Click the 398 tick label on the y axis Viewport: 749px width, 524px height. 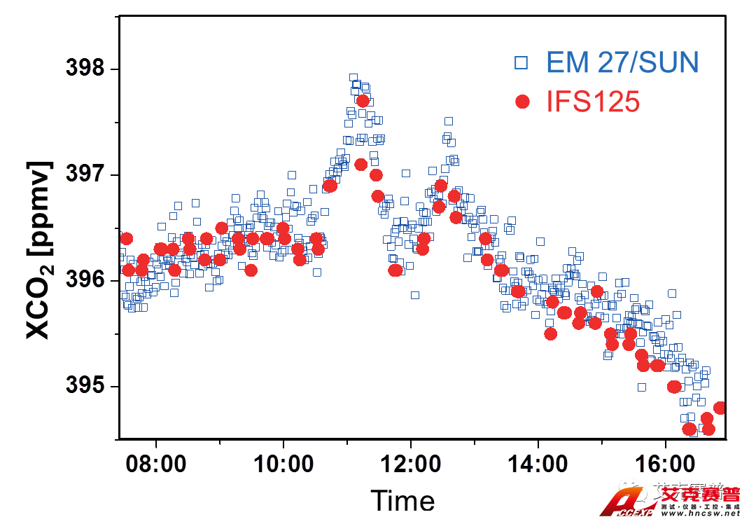84,69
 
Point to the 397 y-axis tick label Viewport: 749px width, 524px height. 84,174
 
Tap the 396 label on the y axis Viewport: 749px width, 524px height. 84,280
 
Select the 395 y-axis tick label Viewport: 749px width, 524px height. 84,386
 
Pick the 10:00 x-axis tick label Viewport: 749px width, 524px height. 282,464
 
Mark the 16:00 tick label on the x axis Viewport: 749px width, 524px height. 664,464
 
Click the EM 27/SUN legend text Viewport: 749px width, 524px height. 622,63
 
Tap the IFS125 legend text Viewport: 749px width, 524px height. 593,102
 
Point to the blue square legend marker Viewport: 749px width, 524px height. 521,63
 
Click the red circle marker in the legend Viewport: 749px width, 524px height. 521,102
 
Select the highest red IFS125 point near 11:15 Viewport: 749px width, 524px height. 363,101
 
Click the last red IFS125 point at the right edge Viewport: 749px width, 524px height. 720,408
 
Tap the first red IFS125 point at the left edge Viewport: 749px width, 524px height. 126,239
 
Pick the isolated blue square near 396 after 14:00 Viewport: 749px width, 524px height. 540,241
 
